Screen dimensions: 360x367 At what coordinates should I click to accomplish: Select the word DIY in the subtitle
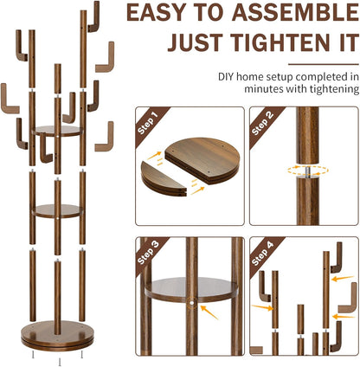tap(224, 77)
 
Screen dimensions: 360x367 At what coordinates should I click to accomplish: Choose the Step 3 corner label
tap(148, 253)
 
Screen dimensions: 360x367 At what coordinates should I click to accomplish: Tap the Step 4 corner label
tap(262, 254)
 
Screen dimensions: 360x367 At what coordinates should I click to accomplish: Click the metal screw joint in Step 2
tap(308, 171)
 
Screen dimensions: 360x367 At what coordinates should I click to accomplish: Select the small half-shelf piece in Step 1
tap(164, 179)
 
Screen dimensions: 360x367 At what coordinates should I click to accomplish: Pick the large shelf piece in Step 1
tap(202, 160)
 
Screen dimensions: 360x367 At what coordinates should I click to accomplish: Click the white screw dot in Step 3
tap(191, 303)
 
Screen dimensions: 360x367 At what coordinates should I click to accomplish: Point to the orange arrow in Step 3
tap(209, 312)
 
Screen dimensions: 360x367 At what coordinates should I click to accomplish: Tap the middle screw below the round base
tap(60, 362)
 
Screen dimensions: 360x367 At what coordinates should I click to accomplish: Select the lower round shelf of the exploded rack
tap(57, 211)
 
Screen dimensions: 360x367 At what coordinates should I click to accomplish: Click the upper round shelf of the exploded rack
tap(57, 131)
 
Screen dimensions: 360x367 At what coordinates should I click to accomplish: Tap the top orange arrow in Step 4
tap(343, 278)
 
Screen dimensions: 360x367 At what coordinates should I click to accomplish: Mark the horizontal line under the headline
tap(324, 64)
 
